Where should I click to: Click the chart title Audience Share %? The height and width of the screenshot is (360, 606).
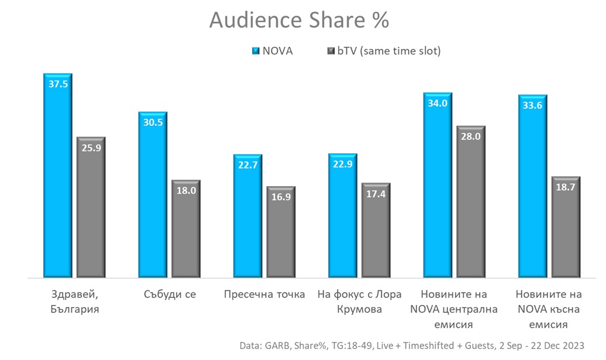tap(299, 20)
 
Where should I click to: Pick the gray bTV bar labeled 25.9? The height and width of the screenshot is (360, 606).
tap(91, 211)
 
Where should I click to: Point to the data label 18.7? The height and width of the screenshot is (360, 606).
tap(566, 187)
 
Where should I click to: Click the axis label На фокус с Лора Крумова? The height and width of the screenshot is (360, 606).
tap(350, 301)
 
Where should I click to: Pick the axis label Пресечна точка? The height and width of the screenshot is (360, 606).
tap(264, 294)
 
